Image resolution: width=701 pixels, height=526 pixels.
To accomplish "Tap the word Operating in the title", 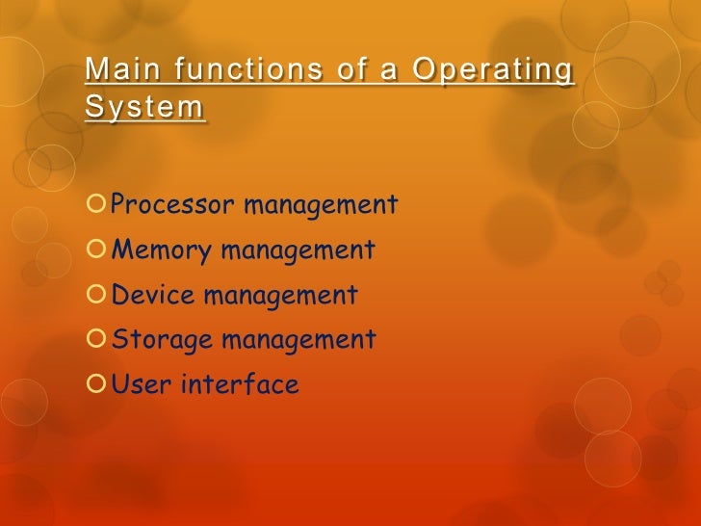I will [x=491, y=71].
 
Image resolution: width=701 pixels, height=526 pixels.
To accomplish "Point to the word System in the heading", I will [x=144, y=107].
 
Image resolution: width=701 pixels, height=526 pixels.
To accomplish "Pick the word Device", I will [x=154, y=295].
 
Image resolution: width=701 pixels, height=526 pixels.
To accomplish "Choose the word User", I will [x=141, y=385].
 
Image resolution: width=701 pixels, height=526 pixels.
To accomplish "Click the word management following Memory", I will [x=298, y=250].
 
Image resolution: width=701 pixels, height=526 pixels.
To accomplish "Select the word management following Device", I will [x=279, y=295].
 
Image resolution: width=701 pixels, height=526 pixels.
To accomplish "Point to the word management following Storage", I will [x=299, y=340].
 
